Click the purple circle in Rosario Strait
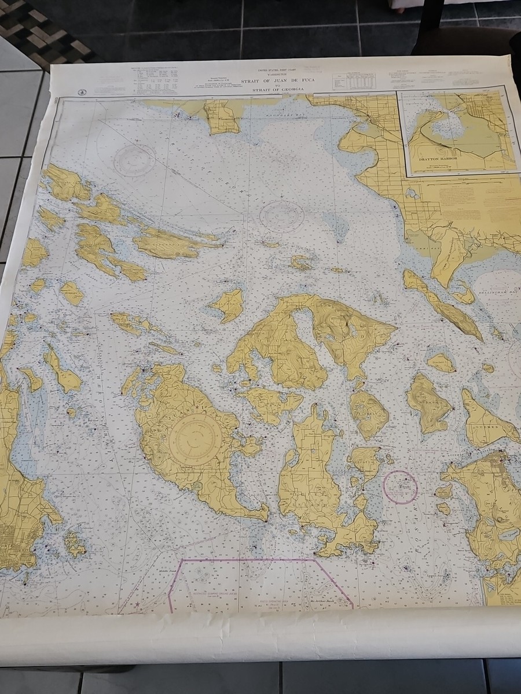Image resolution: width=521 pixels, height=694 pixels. pyautogui.click(x=401, y=487)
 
